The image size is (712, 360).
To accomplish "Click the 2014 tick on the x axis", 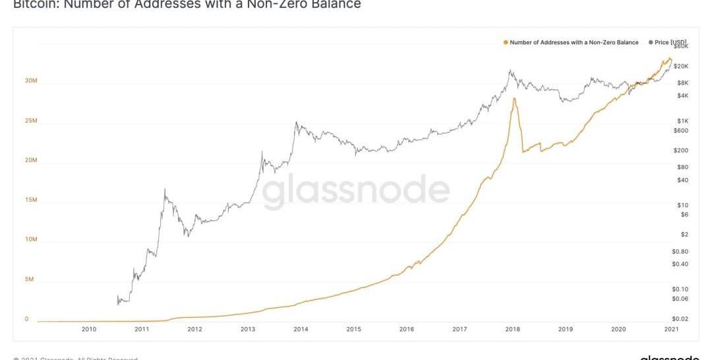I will (x=301, y=329).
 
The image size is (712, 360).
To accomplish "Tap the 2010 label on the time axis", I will (x=89, y=329).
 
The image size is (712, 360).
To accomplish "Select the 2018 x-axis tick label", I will (x=512, y=329).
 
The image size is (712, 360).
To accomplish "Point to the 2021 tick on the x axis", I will (x=671, y=329).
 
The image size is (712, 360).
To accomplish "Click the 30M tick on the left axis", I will (x=31, y=81).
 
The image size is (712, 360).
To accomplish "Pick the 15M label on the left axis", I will (x=31, y=200).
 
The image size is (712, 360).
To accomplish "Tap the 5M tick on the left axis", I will (x=30, y=280).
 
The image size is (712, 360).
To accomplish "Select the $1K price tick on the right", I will (x=682, y=121).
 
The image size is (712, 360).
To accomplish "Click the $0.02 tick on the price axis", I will (x=680, y=319).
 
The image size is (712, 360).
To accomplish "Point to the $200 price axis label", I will (x=681, y=150).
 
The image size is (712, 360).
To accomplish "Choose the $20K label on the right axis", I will (x=681, y=67).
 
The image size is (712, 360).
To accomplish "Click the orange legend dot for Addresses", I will (x=506, y=43).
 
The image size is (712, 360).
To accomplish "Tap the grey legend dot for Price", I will (x=651, y=43).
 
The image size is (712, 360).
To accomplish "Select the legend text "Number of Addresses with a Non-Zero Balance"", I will (x=574, y=43).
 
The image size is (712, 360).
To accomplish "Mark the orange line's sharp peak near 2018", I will (x=513, y=99).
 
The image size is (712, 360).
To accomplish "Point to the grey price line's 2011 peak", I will (x=164, y=190).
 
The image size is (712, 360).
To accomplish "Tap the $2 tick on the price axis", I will (x=684, y=235).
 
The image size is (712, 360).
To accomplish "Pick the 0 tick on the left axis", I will (x=27, y=319).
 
